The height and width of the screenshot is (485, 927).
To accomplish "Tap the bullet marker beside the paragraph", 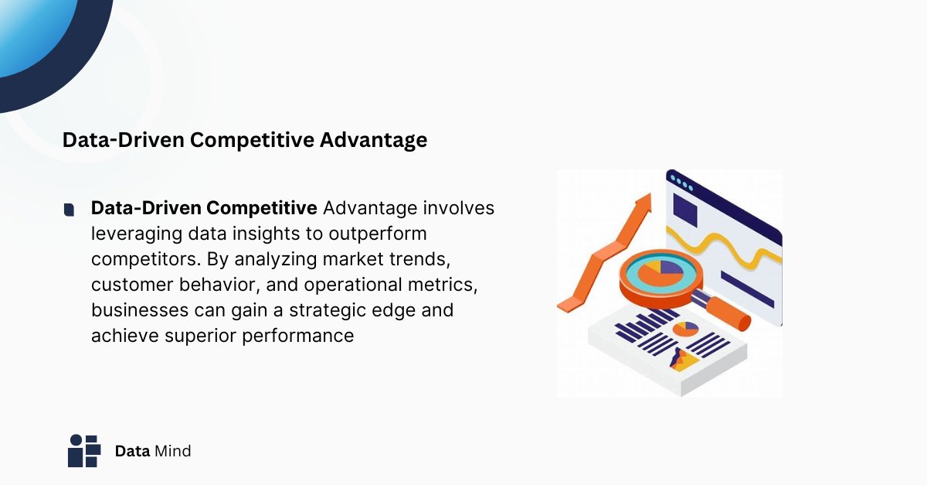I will coord(70,209).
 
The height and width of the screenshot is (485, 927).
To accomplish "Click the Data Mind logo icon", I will coord(84,450).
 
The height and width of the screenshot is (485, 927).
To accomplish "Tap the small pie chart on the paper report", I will coord(684,329).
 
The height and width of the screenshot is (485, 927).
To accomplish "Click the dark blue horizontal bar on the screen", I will coord(746,289).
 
